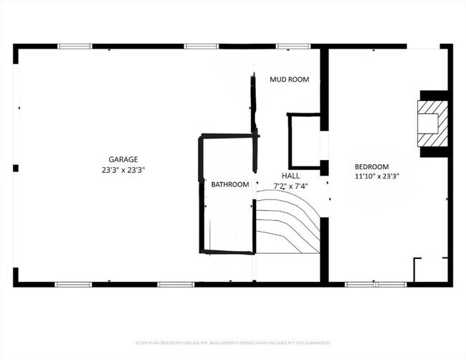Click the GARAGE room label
tap(123, 159)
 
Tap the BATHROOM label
tap(229, 184)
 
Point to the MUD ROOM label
tap(289, 80)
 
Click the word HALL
tap(290, 175)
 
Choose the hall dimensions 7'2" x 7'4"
tap(290, 186)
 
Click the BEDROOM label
tap(371, 166)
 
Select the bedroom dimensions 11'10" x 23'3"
tap(376, 176)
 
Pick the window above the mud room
tap(293, 47)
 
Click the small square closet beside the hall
tap(304, 141)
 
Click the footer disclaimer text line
tap(232, 342)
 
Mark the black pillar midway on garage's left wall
tap(16, 168)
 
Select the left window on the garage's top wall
tap(75, 47)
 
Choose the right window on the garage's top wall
tap(201, 47)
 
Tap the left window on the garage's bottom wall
tap(73, 284)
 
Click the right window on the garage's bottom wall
tap(176, 284)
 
